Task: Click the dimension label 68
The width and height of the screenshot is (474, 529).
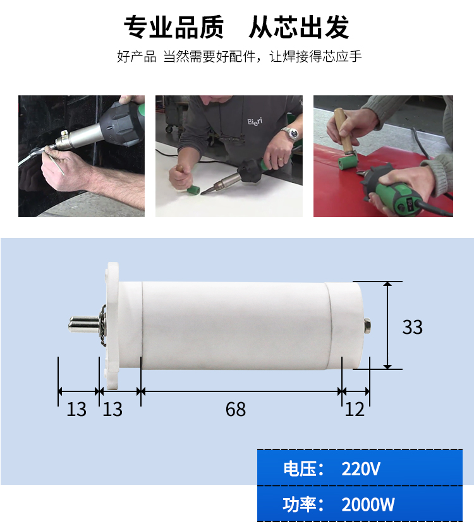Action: click(236, 409)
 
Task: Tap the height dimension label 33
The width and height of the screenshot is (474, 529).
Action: click(412, 327)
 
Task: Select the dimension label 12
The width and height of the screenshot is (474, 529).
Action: click(355, 409)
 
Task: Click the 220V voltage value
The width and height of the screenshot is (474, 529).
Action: click(361, 468)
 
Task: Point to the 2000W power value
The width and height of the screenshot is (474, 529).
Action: click(368, 505)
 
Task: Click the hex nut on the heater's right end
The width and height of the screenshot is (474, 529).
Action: click(367, 326)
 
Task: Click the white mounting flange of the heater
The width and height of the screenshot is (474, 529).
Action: click(112, 326)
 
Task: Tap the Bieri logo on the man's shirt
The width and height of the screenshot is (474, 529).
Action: click(255, 121)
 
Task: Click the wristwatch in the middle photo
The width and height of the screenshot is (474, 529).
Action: click(293, 134)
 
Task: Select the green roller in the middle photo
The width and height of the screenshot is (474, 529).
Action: click(193, 189)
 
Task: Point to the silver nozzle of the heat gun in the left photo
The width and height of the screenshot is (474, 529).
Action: click(66, 140)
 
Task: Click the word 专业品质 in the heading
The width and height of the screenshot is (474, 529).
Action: click(174, 27)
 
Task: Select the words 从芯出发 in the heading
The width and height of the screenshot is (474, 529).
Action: click(299, 27)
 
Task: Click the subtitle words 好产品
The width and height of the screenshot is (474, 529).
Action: click(137, 56)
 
